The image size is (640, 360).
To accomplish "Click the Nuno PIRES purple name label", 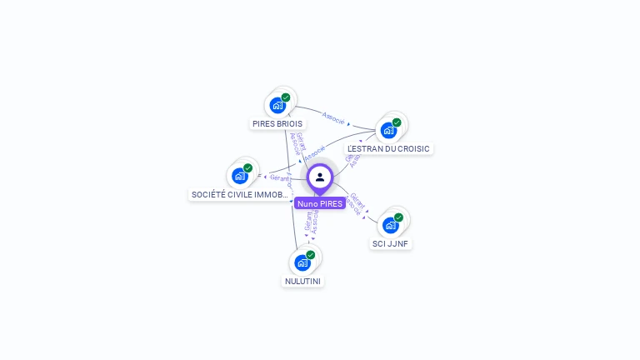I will pos(319,203).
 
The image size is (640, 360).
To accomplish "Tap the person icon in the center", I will pos(320,177).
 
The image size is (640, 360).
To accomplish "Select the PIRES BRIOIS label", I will pos(277,123).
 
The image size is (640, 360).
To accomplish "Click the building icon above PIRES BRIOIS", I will pos(277,105).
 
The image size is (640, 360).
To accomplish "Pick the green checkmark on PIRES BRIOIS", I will pos(286,97).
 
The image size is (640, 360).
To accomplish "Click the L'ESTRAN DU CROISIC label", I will pos(388,148).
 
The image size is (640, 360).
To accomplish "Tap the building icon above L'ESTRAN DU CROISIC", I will pos(388,130).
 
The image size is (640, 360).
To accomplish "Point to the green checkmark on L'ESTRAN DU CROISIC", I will pos(397,122).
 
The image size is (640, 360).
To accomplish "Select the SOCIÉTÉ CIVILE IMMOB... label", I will pos(240,194).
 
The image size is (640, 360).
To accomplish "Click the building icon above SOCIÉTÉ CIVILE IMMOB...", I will pos(239,176).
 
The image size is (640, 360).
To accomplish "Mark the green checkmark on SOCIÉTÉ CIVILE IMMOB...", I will pos(247,168).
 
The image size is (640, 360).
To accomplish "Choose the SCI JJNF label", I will pos(391,243).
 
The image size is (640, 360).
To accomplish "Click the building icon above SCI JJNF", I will pos(390,225).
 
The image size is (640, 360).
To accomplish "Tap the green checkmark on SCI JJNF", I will pos(398,217).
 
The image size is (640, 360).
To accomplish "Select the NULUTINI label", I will pos(302,281).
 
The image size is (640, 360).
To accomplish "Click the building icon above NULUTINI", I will pos(302,262).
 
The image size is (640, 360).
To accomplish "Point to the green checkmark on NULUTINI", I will pos(311,255).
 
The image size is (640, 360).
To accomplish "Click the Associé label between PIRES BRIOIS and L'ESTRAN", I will pos(333,117).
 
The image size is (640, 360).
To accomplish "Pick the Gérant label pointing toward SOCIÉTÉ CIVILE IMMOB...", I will pos(279,177).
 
